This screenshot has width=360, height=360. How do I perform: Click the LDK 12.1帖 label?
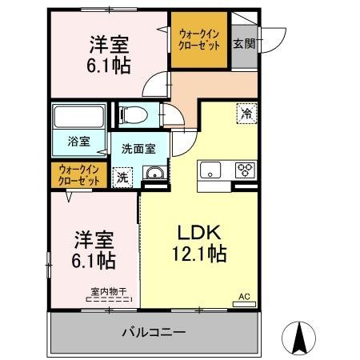199,243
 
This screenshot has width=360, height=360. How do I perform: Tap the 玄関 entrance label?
244,43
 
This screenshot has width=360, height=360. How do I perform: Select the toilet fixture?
134,115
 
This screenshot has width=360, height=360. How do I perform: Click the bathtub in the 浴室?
78,117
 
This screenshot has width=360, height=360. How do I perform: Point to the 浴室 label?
78,141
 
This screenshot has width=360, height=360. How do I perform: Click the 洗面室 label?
138,149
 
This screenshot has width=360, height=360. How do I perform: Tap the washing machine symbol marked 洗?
122,178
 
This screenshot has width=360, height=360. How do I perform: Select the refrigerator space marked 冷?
246,114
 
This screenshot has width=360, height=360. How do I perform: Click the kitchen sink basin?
210,170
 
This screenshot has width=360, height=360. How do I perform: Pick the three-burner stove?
245,170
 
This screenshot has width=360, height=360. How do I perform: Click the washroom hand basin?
154,173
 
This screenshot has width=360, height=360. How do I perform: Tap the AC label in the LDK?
244,297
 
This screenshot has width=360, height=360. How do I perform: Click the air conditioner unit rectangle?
244,304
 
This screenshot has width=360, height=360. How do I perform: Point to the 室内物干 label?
109,291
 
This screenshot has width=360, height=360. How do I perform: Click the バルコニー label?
154,332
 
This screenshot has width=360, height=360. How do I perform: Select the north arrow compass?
298,338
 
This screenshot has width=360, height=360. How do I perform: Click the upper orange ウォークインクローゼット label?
199,40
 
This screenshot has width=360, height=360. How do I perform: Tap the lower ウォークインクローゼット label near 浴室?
79,175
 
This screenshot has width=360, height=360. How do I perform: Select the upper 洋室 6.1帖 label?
109,54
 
